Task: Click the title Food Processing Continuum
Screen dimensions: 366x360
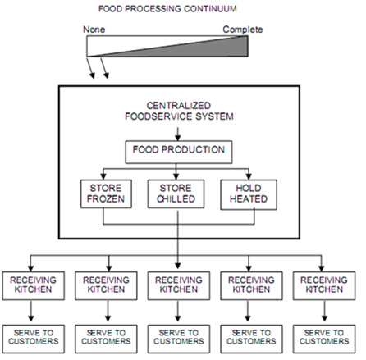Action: tap(167, 9)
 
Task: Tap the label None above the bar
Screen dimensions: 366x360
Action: tap(94, 30)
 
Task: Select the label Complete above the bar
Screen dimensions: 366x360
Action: tap(243, 30)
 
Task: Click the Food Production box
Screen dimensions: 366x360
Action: tap(179, 152)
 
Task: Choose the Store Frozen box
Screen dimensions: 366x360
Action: tap(106, 194)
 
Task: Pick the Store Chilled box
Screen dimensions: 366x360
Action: tap(176, 194)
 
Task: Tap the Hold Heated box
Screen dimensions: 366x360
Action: tap(249, 194)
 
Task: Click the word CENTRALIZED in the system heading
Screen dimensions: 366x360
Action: tap(179, 106)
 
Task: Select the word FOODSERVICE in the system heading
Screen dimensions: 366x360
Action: tap(159, 116)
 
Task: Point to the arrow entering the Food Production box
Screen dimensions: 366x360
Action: tap(178, 134)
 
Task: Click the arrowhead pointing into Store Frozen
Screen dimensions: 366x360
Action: tap(103, 176)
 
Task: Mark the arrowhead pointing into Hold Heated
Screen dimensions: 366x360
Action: tap(249, 176)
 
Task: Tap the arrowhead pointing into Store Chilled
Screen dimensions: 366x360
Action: tap(176, 176)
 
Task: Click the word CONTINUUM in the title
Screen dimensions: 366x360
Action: tap(210, 9)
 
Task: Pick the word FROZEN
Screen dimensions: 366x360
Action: tap(106, 198)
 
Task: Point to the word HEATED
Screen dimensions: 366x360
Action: tap(249, 198)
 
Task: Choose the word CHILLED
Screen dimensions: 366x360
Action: tap(176, 198)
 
